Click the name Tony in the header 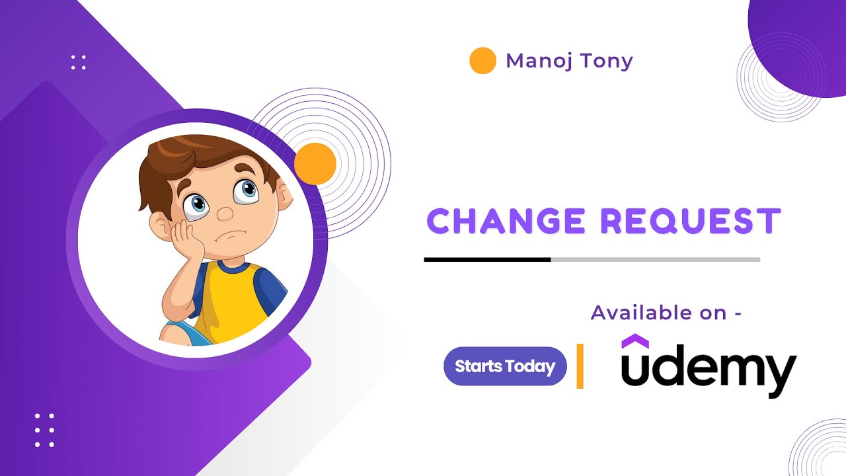(x=607, y=61)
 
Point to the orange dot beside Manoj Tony (x=482, y=61)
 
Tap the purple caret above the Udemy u (x=635, y=341)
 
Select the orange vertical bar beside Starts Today (x=580, y=366)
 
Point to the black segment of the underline (x=487, y=259)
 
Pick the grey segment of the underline (x=655, y=259)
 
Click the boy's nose (x=225, y=214)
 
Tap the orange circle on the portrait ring (x=315, y=164)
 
